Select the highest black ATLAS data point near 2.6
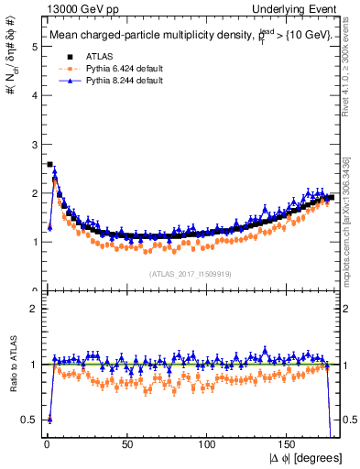(x=49, y=165)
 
